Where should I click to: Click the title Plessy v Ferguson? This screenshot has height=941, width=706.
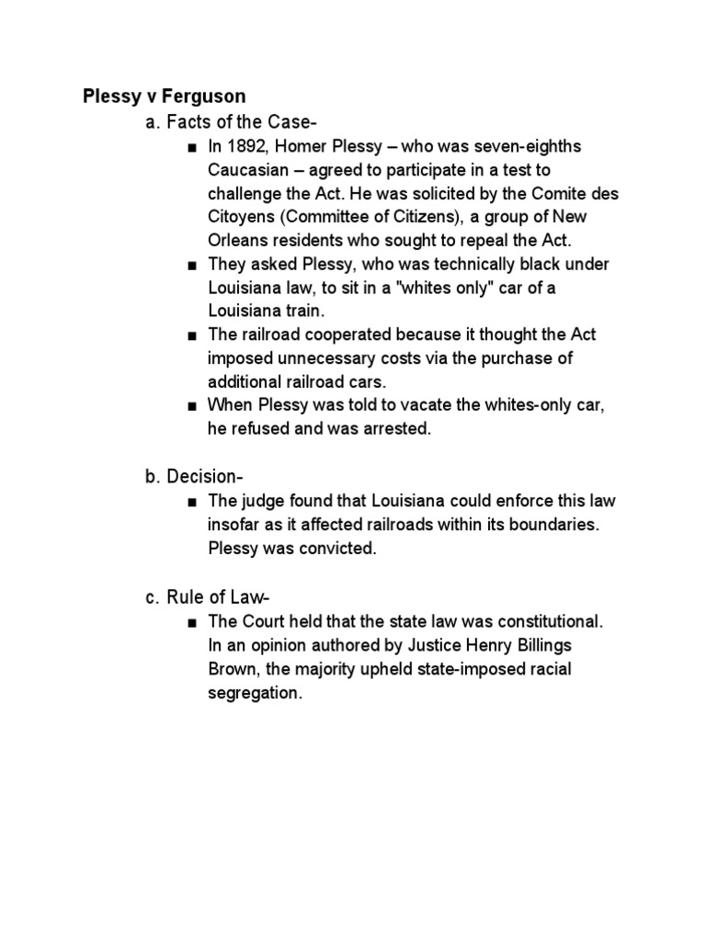[x=165, y=96]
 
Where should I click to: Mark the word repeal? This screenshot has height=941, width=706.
[x=487, y=242]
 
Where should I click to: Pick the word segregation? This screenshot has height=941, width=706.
[x=253, y=693]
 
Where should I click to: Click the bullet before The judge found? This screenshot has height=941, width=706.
[x=190, y=502]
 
